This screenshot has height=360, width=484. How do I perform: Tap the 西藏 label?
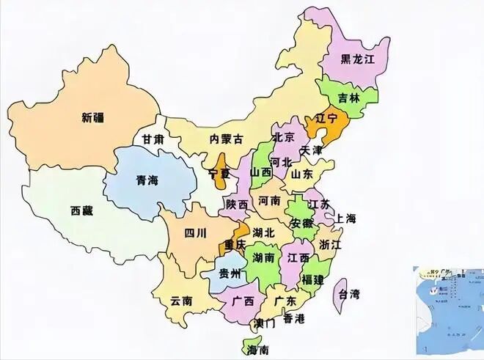pyautogui.click(x=82, y=211)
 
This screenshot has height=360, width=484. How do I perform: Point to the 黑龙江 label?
pyautogui.click(x=358, y=59)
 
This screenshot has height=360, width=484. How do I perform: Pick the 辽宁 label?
pyautogui.click(x=326, y=117)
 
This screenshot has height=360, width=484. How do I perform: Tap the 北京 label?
pyautogui.click(x=284, y=137)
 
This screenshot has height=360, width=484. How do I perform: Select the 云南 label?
pyautogui.click(x=181, y=300)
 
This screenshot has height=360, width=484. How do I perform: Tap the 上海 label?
pyautogui.click(x=345, y=218)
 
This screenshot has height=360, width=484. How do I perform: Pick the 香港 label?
pyautogui.click(x=294, y=318)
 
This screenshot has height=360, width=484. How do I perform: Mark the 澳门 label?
pyautogui.click(x=265, y=323)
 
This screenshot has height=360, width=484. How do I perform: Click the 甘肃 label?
pyautogui.click(x=153, y=139)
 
